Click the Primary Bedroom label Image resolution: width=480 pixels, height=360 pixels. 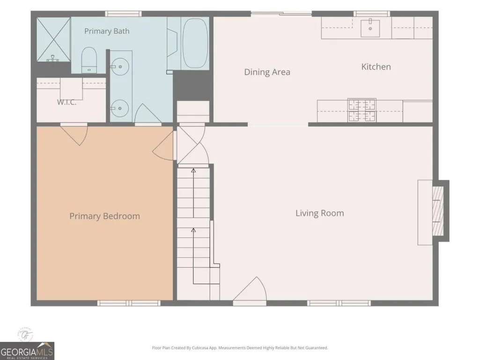105,216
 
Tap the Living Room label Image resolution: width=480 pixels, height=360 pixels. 319,213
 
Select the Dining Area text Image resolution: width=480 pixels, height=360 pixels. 267,72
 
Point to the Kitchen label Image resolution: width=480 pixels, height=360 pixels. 376,67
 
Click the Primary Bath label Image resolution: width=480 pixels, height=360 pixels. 107,31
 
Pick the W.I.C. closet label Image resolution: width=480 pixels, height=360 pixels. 67,102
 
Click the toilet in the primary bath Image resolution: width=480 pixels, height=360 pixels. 89,60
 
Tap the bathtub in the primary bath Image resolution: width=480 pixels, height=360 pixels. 195,43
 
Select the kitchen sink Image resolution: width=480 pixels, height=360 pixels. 370,28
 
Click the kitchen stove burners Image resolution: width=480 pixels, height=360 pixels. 362,110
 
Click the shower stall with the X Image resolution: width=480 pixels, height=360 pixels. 54,39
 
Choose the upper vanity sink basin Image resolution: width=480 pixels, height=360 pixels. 120,66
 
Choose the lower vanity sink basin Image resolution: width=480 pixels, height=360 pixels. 120,108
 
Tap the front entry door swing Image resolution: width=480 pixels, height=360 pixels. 250,289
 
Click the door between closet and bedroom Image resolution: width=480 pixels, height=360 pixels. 74,134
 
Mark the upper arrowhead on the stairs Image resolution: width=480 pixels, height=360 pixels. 193,170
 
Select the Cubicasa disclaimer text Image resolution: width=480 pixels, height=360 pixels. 240,348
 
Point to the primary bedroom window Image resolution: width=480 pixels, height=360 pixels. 129,303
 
